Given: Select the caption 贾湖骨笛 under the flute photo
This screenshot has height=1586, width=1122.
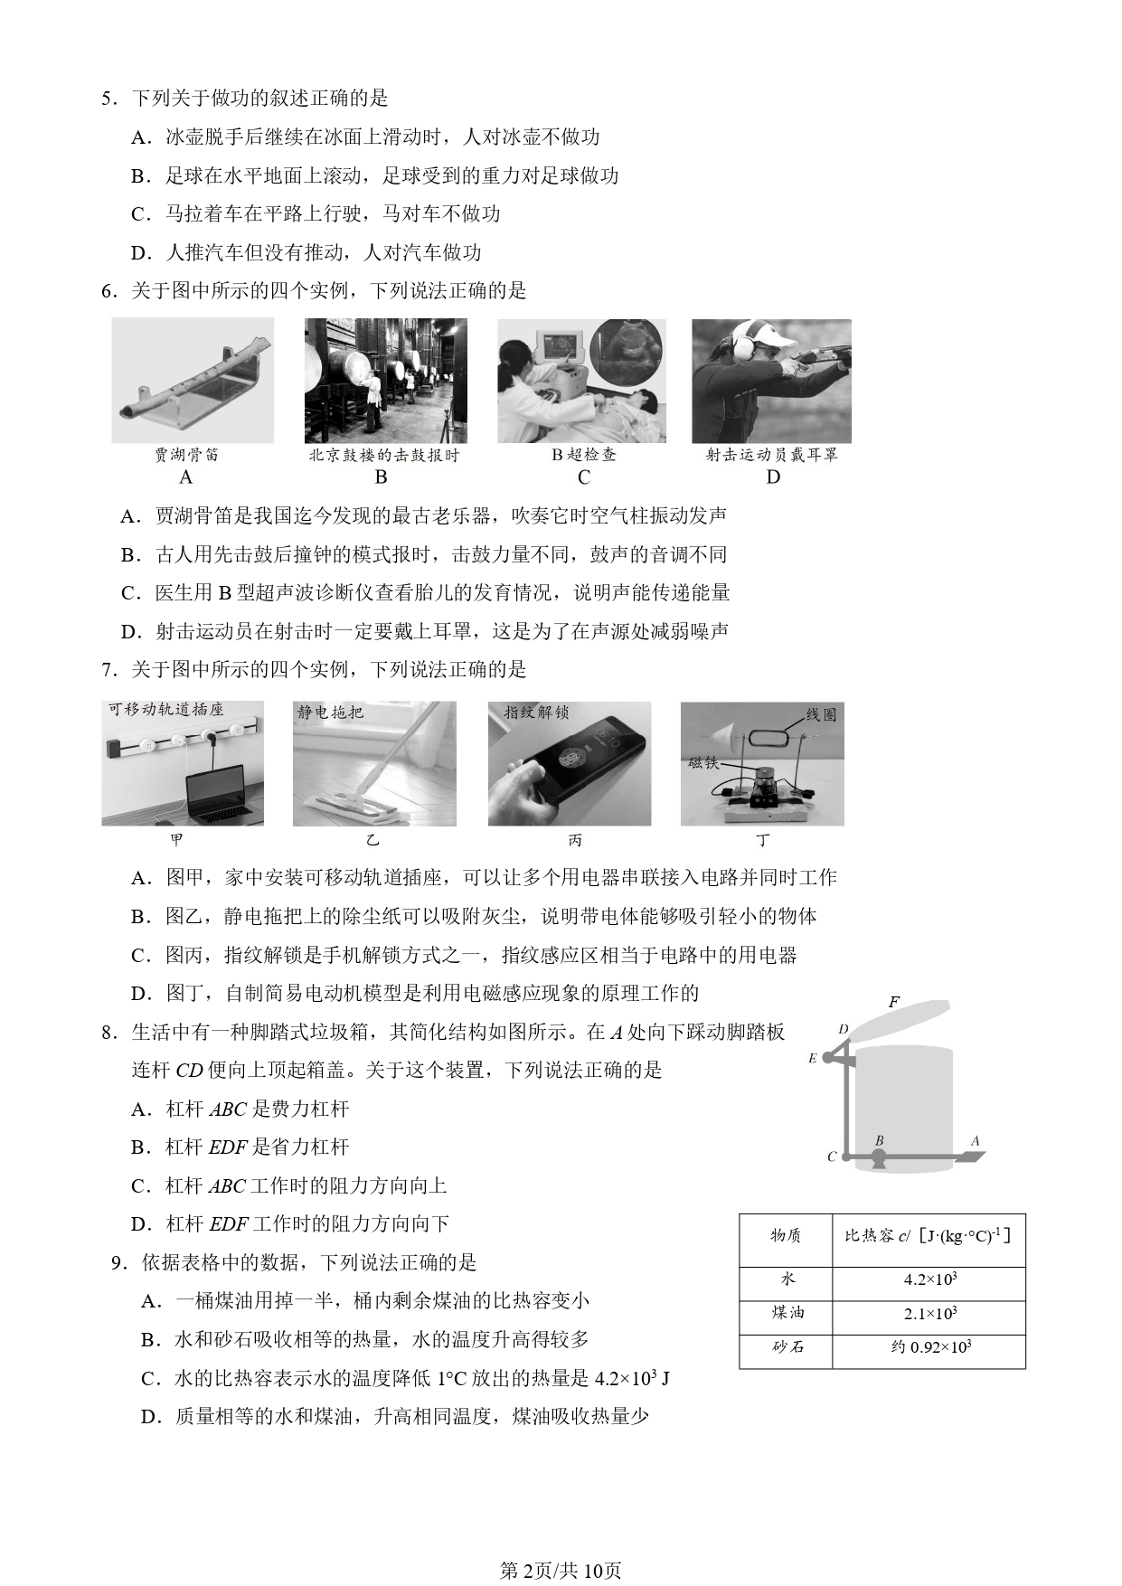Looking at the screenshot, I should click(x=186, y=455).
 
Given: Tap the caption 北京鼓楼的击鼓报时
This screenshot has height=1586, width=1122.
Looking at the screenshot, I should click(x=384, y=456).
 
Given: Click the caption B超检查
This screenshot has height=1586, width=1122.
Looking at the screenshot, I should click(x=584, y=455).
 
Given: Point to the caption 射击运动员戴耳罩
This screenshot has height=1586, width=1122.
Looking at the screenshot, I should click(x=772, y=455).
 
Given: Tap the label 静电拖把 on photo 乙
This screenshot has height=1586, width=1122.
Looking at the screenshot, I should click(x=331, y=713).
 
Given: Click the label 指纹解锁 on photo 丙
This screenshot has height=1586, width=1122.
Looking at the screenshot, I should click(x=537, y=713).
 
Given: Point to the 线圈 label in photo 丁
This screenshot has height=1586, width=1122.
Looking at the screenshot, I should click(x=820, y=715).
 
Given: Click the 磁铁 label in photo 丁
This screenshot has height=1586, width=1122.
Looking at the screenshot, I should click(x=702, y=763).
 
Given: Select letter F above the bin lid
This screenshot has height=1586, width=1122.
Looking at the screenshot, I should click(x=893, y=1002).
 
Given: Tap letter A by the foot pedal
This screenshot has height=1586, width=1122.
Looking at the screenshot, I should click(x=975, y=1141).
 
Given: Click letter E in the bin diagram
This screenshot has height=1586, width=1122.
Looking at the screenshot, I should click(x=813, y=1058).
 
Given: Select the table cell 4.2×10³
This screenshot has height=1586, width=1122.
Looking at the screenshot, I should click(x=929, y=1279).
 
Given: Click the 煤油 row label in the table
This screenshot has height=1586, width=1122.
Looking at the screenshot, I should click(x=787, y=1313).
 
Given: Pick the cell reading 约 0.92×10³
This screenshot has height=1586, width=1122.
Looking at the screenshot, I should click(x=929, y=1347).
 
